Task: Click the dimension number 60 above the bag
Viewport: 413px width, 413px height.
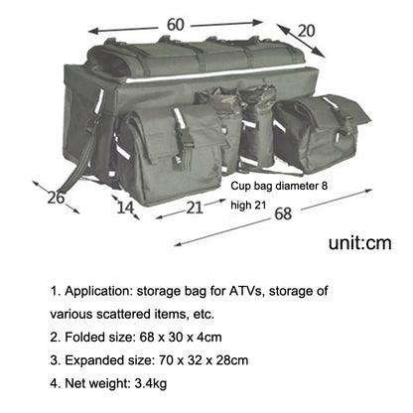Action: click(x=176, y=25)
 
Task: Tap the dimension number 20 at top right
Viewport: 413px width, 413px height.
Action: click(x=306, y=31)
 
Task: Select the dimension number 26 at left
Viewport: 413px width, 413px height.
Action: click(x=56, y=198)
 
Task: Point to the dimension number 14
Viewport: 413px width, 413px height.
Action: click(x=125, y=207)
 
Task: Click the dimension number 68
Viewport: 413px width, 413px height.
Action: click(x=283, y=213)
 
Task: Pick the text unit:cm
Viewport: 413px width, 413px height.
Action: click(x=360, y=243)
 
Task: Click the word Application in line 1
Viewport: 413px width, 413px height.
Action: click(x=98, y=291)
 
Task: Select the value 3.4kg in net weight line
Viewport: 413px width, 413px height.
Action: click(x=150, y=383)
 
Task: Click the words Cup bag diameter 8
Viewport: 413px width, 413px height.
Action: click(x=279, y=186)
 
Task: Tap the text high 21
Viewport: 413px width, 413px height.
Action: click(x=248, y=206)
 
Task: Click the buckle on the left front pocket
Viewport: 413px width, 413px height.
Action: click(x=181, y=139)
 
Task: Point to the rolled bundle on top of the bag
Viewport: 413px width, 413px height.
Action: click(x=196, y=57)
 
